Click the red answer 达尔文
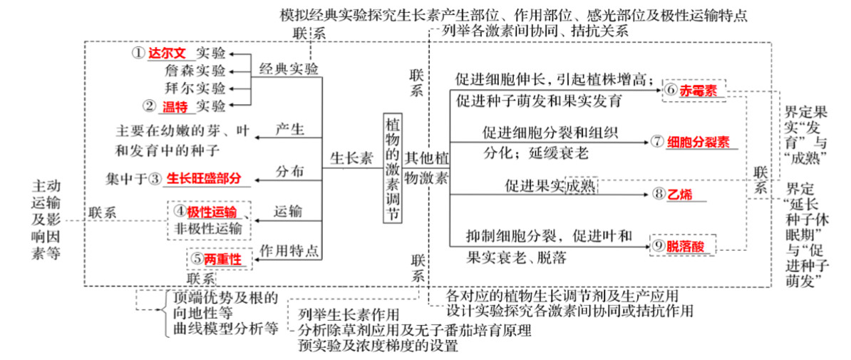pyautogui.click(x=167, y=53)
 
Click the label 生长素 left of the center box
pyautogui.click(x=352, y=158)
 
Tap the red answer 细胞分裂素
pyautogui.click(x=698, y=142)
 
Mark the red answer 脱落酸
pyautogui.click(x=685, y=245)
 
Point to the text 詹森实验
pyautogui.click(x=195, y=71)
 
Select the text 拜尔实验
pyautogui.click(x=195, y=88)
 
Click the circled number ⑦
pyautogui.click(x=657, y=142)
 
